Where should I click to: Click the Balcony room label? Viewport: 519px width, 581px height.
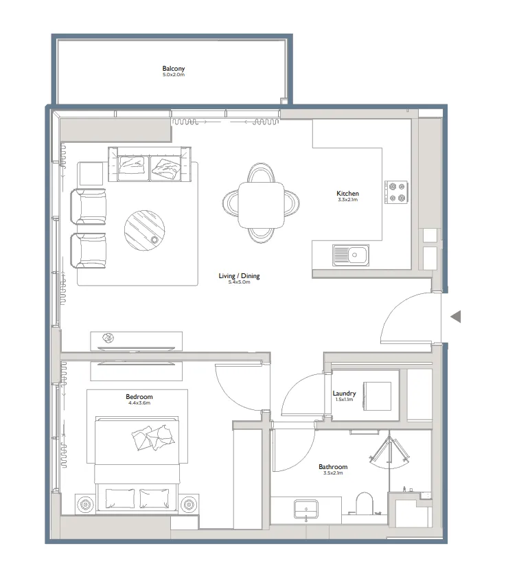[173, 69]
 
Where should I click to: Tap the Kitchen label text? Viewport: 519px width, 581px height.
[347, 194]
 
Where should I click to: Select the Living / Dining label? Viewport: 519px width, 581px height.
[239, 276]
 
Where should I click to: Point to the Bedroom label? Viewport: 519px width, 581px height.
[139, 397]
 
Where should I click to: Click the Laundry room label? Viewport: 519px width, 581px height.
[343, 394]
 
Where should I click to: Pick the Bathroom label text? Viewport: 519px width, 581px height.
[333, 467]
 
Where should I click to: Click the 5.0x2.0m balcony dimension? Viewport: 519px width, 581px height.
[173, 75]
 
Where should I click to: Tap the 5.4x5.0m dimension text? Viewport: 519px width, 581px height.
[239, 282]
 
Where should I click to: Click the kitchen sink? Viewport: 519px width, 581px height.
[351, 255]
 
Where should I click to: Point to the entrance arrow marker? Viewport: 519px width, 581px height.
[455, 317]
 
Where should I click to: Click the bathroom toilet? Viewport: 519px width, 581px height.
[365, 502]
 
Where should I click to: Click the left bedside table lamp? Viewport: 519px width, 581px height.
[86, 505]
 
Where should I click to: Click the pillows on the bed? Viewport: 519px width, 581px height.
[152, 437]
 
